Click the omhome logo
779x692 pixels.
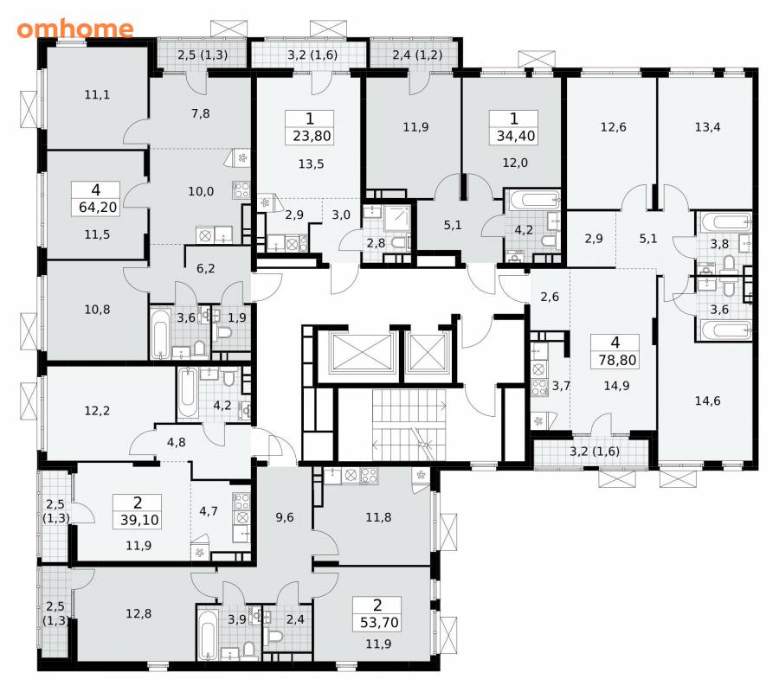click(75, 29)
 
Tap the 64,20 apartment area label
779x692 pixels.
click(98, 207)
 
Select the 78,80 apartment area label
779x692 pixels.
click(617, 360)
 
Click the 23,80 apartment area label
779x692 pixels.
click(312, 136)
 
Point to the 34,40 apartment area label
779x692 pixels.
click(516, 136)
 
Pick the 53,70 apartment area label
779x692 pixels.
click(379, 622)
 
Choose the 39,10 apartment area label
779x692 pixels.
click(139, 520)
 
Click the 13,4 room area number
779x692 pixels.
click(707, 127)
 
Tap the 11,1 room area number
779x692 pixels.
click(97, 94)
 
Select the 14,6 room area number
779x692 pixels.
click(707, 400)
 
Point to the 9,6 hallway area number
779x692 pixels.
click(285, 517)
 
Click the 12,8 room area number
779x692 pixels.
click(138, 613)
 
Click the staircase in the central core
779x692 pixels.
click(409, 425)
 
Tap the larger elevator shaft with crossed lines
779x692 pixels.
click(362, 352)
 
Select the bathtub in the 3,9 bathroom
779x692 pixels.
click(208, 634)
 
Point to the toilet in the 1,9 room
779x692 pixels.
click(224, 332)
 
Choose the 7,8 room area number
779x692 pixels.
click(201, 113)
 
